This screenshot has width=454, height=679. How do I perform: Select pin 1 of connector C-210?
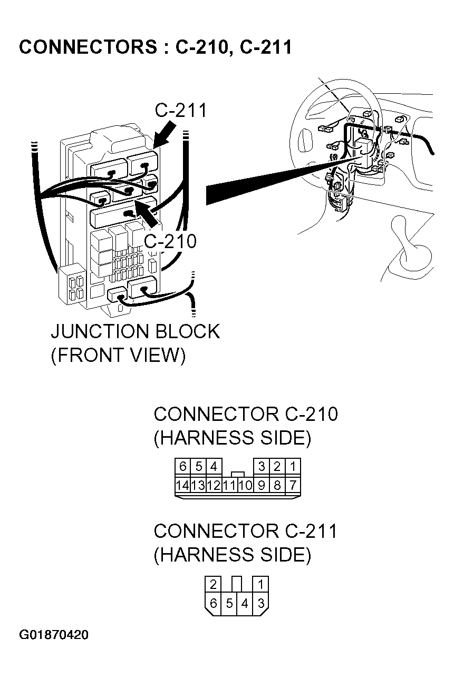tap(293, 466)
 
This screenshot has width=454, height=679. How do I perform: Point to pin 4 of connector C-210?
tap(214, 466)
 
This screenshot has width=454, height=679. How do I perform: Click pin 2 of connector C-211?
tap(213, 584)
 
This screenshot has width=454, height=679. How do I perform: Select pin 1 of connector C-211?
tap(261, 584)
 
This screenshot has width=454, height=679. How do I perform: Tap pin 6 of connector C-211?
tap(213, 604)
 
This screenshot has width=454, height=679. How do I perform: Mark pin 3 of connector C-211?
tap(261, 604)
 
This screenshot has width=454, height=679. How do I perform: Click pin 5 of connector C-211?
tap(229, 604)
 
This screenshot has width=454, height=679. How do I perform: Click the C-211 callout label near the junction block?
tap(181, 111)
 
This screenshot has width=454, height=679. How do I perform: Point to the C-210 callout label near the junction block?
tap(170, 241)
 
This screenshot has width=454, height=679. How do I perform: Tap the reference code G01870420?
tap(54, 635)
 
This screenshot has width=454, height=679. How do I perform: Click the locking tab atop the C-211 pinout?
tap(237, 584)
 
